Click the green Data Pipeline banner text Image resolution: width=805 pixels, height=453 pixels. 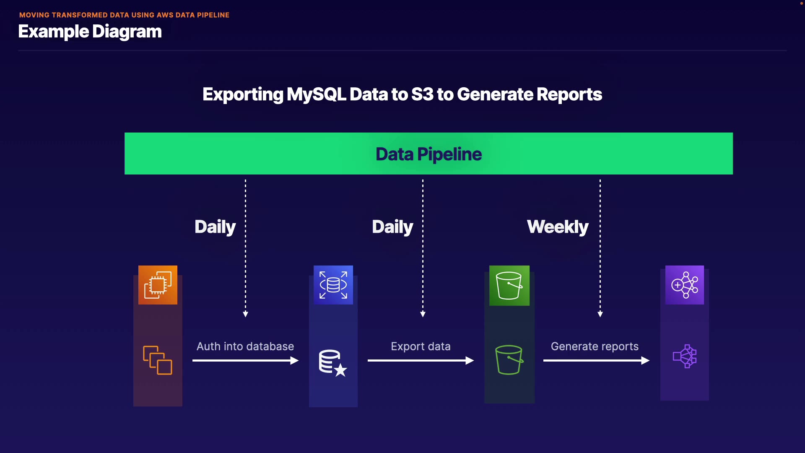428,154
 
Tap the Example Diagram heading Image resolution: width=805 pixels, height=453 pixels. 90,32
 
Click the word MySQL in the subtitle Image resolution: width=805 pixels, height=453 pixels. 316,94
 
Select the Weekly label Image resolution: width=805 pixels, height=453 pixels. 558,227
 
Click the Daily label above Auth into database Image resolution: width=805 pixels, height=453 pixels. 215,227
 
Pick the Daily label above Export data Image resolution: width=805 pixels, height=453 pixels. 392,227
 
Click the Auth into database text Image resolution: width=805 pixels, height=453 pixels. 245,346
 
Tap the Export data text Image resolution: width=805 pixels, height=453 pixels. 421,346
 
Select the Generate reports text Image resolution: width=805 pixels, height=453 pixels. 595,346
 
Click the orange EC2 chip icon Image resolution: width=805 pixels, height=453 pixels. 158,285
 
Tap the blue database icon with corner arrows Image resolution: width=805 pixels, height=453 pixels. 333,285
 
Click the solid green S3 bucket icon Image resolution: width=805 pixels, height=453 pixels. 509,286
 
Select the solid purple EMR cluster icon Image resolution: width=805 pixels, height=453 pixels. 685,285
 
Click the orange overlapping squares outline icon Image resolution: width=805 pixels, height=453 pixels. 158,360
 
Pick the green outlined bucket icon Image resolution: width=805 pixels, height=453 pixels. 509,359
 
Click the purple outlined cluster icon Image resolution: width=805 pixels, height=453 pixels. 685,357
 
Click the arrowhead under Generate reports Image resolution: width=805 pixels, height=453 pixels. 646,360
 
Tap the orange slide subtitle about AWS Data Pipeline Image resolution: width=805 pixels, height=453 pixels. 124,15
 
